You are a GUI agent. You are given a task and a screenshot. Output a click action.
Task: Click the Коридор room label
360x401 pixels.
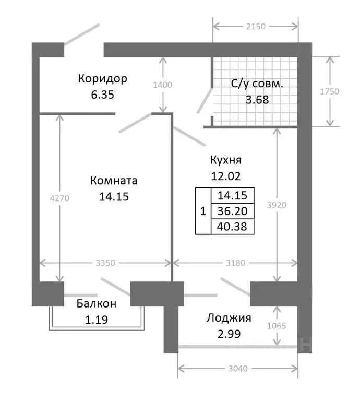102,78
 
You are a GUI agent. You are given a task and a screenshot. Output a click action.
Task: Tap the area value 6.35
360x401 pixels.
102,95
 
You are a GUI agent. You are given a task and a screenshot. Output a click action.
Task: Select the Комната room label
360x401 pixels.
114,181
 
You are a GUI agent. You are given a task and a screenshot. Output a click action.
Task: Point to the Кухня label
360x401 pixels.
226,160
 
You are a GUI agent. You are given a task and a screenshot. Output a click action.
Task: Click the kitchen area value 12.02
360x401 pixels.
226,176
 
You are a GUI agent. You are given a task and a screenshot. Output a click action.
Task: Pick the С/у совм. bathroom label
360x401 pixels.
257,84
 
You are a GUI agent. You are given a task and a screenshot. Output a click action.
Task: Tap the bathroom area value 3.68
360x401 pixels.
257,100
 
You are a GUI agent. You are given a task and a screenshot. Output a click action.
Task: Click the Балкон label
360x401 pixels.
97,303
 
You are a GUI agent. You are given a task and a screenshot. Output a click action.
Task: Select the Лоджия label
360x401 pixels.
229,318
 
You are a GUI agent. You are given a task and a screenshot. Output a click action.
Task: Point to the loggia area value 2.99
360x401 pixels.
229,334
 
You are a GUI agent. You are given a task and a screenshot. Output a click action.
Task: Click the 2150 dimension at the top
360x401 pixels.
256,26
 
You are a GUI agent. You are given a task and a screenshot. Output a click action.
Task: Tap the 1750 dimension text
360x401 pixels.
330,91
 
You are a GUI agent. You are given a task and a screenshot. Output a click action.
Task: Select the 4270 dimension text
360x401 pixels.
59,198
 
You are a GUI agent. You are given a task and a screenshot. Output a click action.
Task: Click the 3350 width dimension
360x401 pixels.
105,263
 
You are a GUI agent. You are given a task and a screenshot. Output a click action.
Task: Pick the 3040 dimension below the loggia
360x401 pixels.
238,369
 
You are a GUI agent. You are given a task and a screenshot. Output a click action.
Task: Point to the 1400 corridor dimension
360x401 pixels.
162,85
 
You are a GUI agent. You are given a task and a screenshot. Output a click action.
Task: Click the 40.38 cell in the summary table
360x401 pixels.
232,227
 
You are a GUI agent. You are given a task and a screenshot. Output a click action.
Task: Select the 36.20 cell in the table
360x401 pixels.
232,211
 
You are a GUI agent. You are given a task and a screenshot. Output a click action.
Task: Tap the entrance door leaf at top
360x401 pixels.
81,34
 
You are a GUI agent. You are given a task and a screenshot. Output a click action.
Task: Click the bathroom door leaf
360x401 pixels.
205,100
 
